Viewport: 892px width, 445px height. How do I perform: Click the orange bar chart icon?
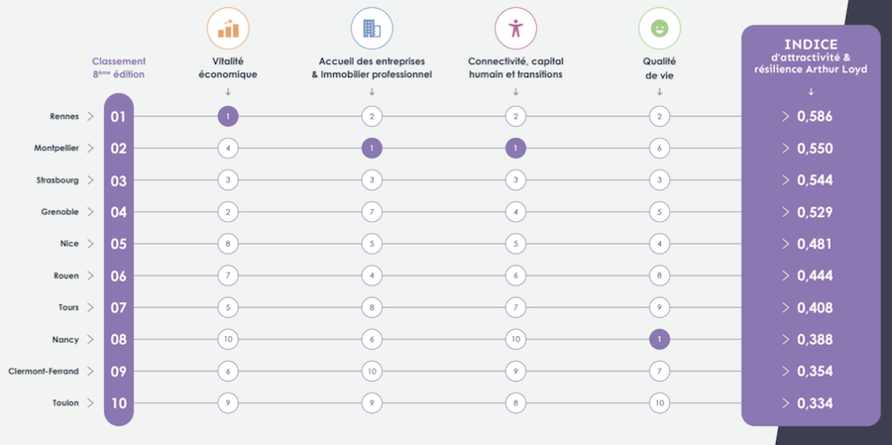coord(228,29)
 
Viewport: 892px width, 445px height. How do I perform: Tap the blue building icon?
coord(372,29)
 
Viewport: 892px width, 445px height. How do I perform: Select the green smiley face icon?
coord(658,29)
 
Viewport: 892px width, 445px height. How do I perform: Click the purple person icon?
coord(514,29)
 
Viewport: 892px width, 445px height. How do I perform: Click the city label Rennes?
coord(64,117)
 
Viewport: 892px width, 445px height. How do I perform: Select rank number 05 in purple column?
coord(118,244)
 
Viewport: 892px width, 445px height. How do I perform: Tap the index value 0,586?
coord(814,117)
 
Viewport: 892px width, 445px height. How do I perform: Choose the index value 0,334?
coord(814,403)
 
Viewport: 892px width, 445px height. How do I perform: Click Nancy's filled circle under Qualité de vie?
coord(658,340)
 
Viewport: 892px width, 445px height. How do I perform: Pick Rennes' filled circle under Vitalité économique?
coord(228,117)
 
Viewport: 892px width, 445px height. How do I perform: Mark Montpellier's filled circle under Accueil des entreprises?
coord(372,149)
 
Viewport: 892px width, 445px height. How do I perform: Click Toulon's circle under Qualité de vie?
coord(658,403)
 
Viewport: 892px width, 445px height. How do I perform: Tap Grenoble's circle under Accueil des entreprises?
coord(372,212)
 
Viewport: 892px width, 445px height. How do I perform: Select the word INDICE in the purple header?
coord(811,45)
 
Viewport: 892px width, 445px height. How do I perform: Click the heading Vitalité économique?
coord(228,67)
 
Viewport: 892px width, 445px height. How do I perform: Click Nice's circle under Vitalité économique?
coord(228,244)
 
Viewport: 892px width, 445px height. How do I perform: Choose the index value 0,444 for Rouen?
coord(814,276)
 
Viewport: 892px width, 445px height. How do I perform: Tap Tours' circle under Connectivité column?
coord(514,307)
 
